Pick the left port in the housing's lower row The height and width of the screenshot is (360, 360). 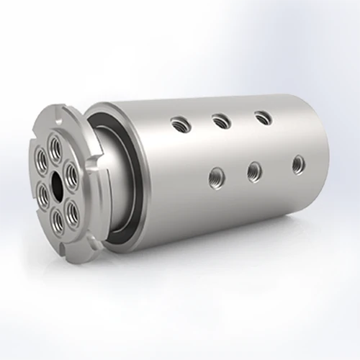214,173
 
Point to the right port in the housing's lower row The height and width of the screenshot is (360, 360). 296,163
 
